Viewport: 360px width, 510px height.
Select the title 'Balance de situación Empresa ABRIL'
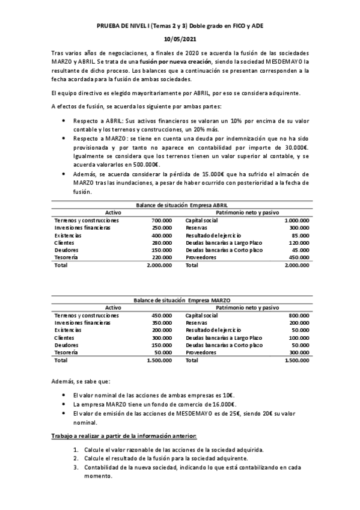pyautogui.click(x=180, y=205)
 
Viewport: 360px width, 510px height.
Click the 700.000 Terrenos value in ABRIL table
pyautogui.click(x=162, y=221)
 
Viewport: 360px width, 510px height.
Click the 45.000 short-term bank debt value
pyautogui.click(x=301, y=250)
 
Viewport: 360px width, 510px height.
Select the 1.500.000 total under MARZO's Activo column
pyautogui.click(x=159, y=360)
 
